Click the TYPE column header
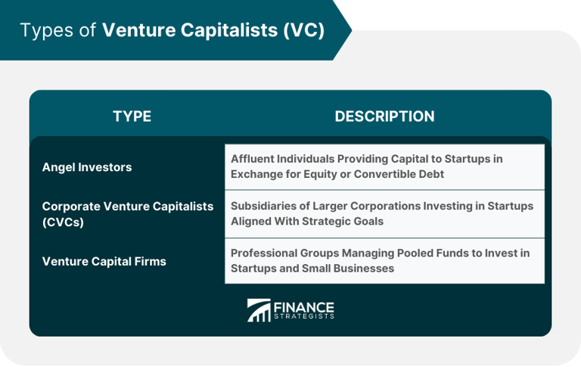click(x=132, y=117)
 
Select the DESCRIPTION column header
click(x=384, y=117)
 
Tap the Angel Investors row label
click(x=86, y=167)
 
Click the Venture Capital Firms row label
click(x=104, y=261)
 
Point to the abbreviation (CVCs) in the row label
click(x=61, y=222)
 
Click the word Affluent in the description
click(x=256, y=159)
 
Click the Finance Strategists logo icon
click(x=259, y=310)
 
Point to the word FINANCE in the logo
click(x=304, y=306)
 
